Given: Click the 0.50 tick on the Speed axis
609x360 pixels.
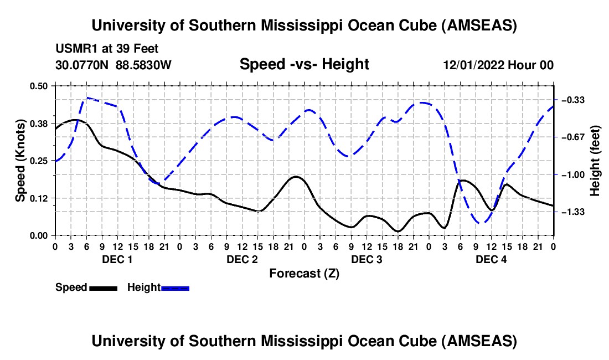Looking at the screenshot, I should pyautogui.click(x=40, y=86).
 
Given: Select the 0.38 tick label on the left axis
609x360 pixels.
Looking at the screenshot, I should pyautogui.click(x=40, y=123).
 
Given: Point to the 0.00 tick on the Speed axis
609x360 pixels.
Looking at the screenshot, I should pyautogui.click(x=40, y=235).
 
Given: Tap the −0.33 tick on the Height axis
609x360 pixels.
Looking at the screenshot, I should pyautogui.click(x=574, y=100).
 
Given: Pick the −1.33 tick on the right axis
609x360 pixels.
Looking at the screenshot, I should pyautogui.click(x=574, y=212).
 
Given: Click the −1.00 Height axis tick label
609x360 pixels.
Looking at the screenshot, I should pyautogui.click(x=574, y=175).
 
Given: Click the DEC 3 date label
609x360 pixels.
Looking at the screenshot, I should pyautogui.click(x=367, y=260).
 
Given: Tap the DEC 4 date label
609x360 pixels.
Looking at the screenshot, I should pyautogui.click(x=491, y=260).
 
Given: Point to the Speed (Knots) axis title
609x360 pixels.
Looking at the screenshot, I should pyautogui.click(x=20, y=161).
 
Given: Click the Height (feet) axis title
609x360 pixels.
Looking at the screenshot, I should pyautogui.click(x=596, y=161).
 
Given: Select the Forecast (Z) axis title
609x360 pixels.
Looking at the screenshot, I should pyautogui.click(x=304, y=273).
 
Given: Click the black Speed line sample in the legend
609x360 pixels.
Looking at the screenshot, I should pyautogui.click(x=104, y=288).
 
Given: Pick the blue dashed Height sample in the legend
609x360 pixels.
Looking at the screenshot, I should pyautogui.click(x=176, y=288).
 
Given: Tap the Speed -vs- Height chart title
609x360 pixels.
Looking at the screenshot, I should pyautogui.click(x=304, y=65).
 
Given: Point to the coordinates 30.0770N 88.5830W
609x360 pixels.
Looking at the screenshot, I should pyautogui.click(x=113, y=65).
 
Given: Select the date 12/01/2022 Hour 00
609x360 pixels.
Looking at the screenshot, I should pyautogui.click(x=498, y=65).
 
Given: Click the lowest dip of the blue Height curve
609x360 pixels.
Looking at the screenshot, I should pyautogui.click(x=481, y=223).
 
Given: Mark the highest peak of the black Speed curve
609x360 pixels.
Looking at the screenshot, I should pyautogui.click(x=76, y=120).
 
